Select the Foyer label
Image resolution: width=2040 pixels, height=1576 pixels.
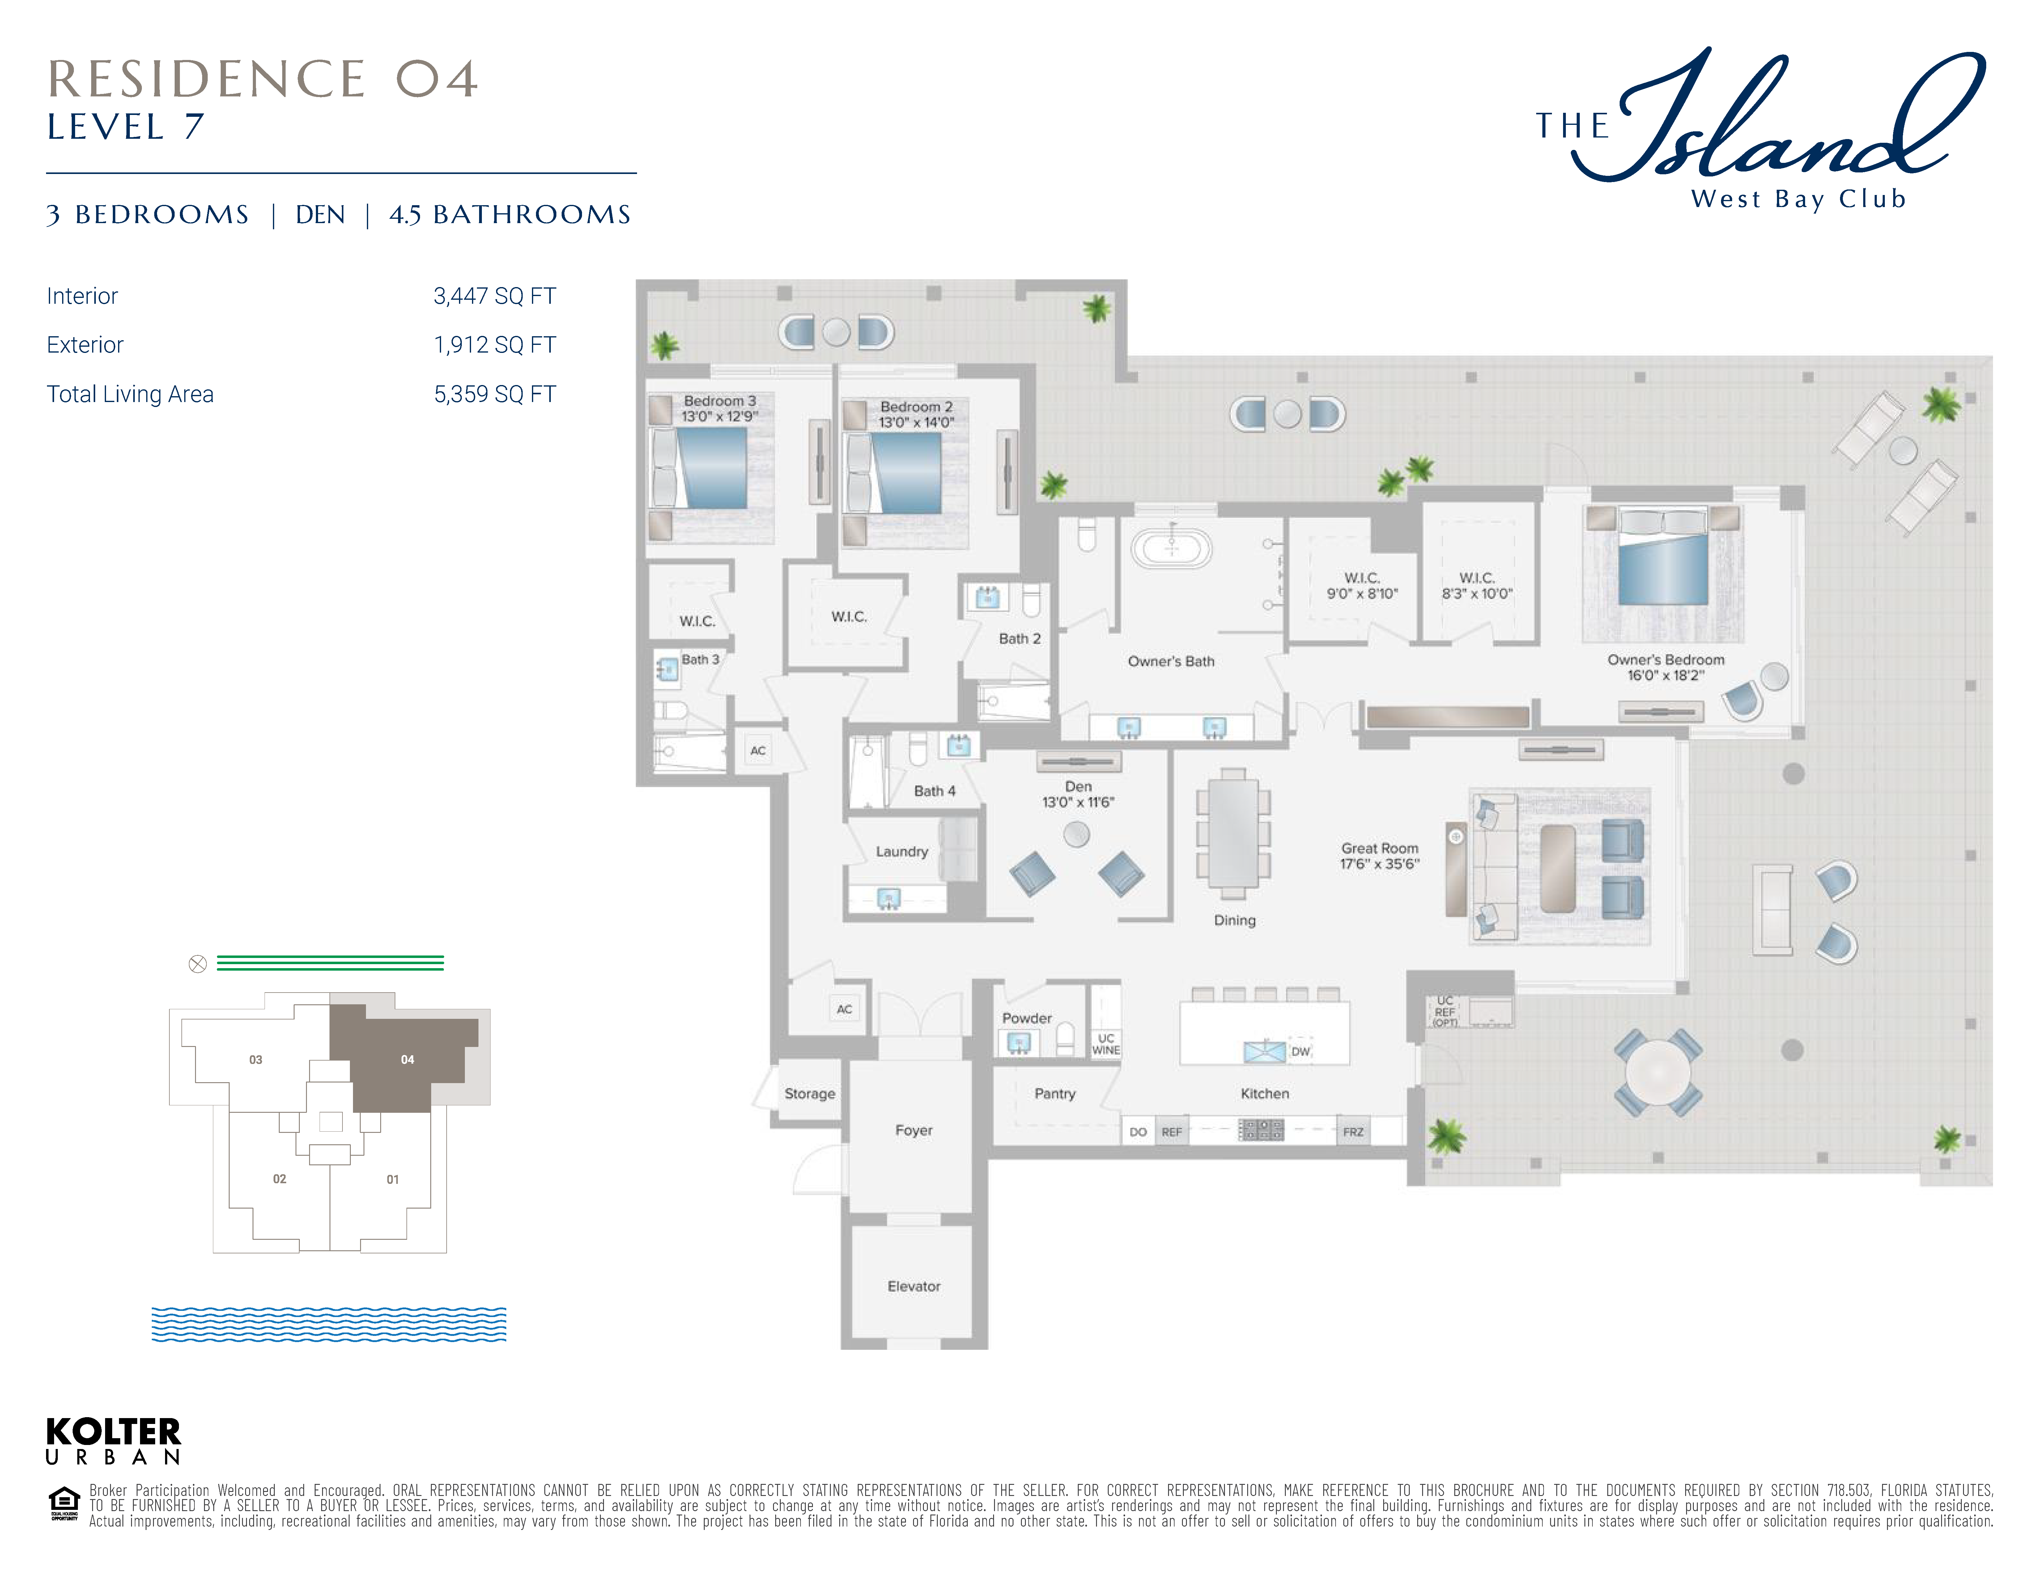913,1130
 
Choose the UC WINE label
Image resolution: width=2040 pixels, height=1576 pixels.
1106,1044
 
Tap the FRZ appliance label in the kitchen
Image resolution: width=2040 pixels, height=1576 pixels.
1354,1132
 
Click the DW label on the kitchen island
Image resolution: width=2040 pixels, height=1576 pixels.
1300,1051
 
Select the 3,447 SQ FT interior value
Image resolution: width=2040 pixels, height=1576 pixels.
495,296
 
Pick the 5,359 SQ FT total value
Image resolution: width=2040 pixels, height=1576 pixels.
495,394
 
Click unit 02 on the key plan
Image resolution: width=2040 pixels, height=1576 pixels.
279,1179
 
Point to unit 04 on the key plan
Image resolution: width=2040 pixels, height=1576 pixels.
407,1060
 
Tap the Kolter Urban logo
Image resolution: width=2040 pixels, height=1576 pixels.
113,1441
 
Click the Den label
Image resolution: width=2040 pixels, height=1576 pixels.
1078,786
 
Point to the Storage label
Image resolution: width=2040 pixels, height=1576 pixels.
810,1093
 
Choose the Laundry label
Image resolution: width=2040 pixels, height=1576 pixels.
901,851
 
